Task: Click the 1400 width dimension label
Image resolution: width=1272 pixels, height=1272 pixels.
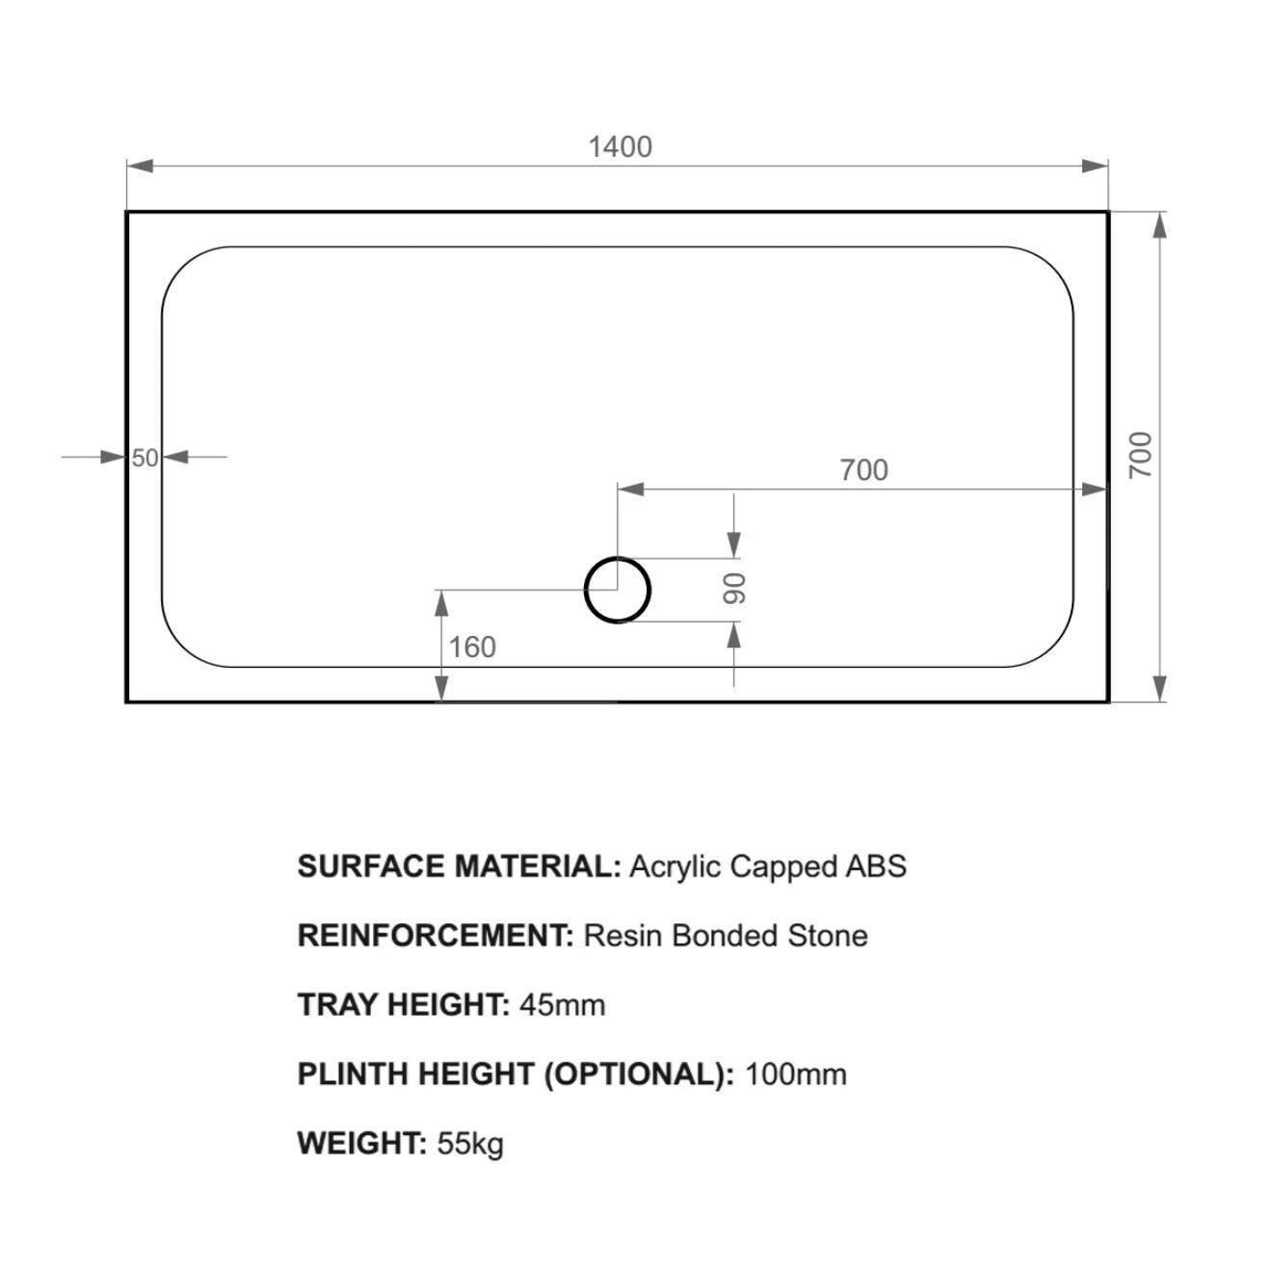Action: tap(620, 146)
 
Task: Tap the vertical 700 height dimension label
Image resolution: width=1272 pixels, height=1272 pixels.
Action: tap(1140, 456)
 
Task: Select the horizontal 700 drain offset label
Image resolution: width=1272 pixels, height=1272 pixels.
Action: tap(863, 470)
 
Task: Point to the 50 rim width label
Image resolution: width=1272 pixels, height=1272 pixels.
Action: tap(146, 458)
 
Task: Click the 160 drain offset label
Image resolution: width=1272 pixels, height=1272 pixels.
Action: tap(472, 647)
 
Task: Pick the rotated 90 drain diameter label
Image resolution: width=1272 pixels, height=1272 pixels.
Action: tap(734, 589)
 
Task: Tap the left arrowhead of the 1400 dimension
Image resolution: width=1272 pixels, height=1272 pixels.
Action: tap(140, 166)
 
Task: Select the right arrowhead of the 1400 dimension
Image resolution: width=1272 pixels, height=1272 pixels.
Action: tap(1095, 166)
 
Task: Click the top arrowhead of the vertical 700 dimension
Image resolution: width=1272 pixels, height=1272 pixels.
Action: tap(1160, 225)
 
